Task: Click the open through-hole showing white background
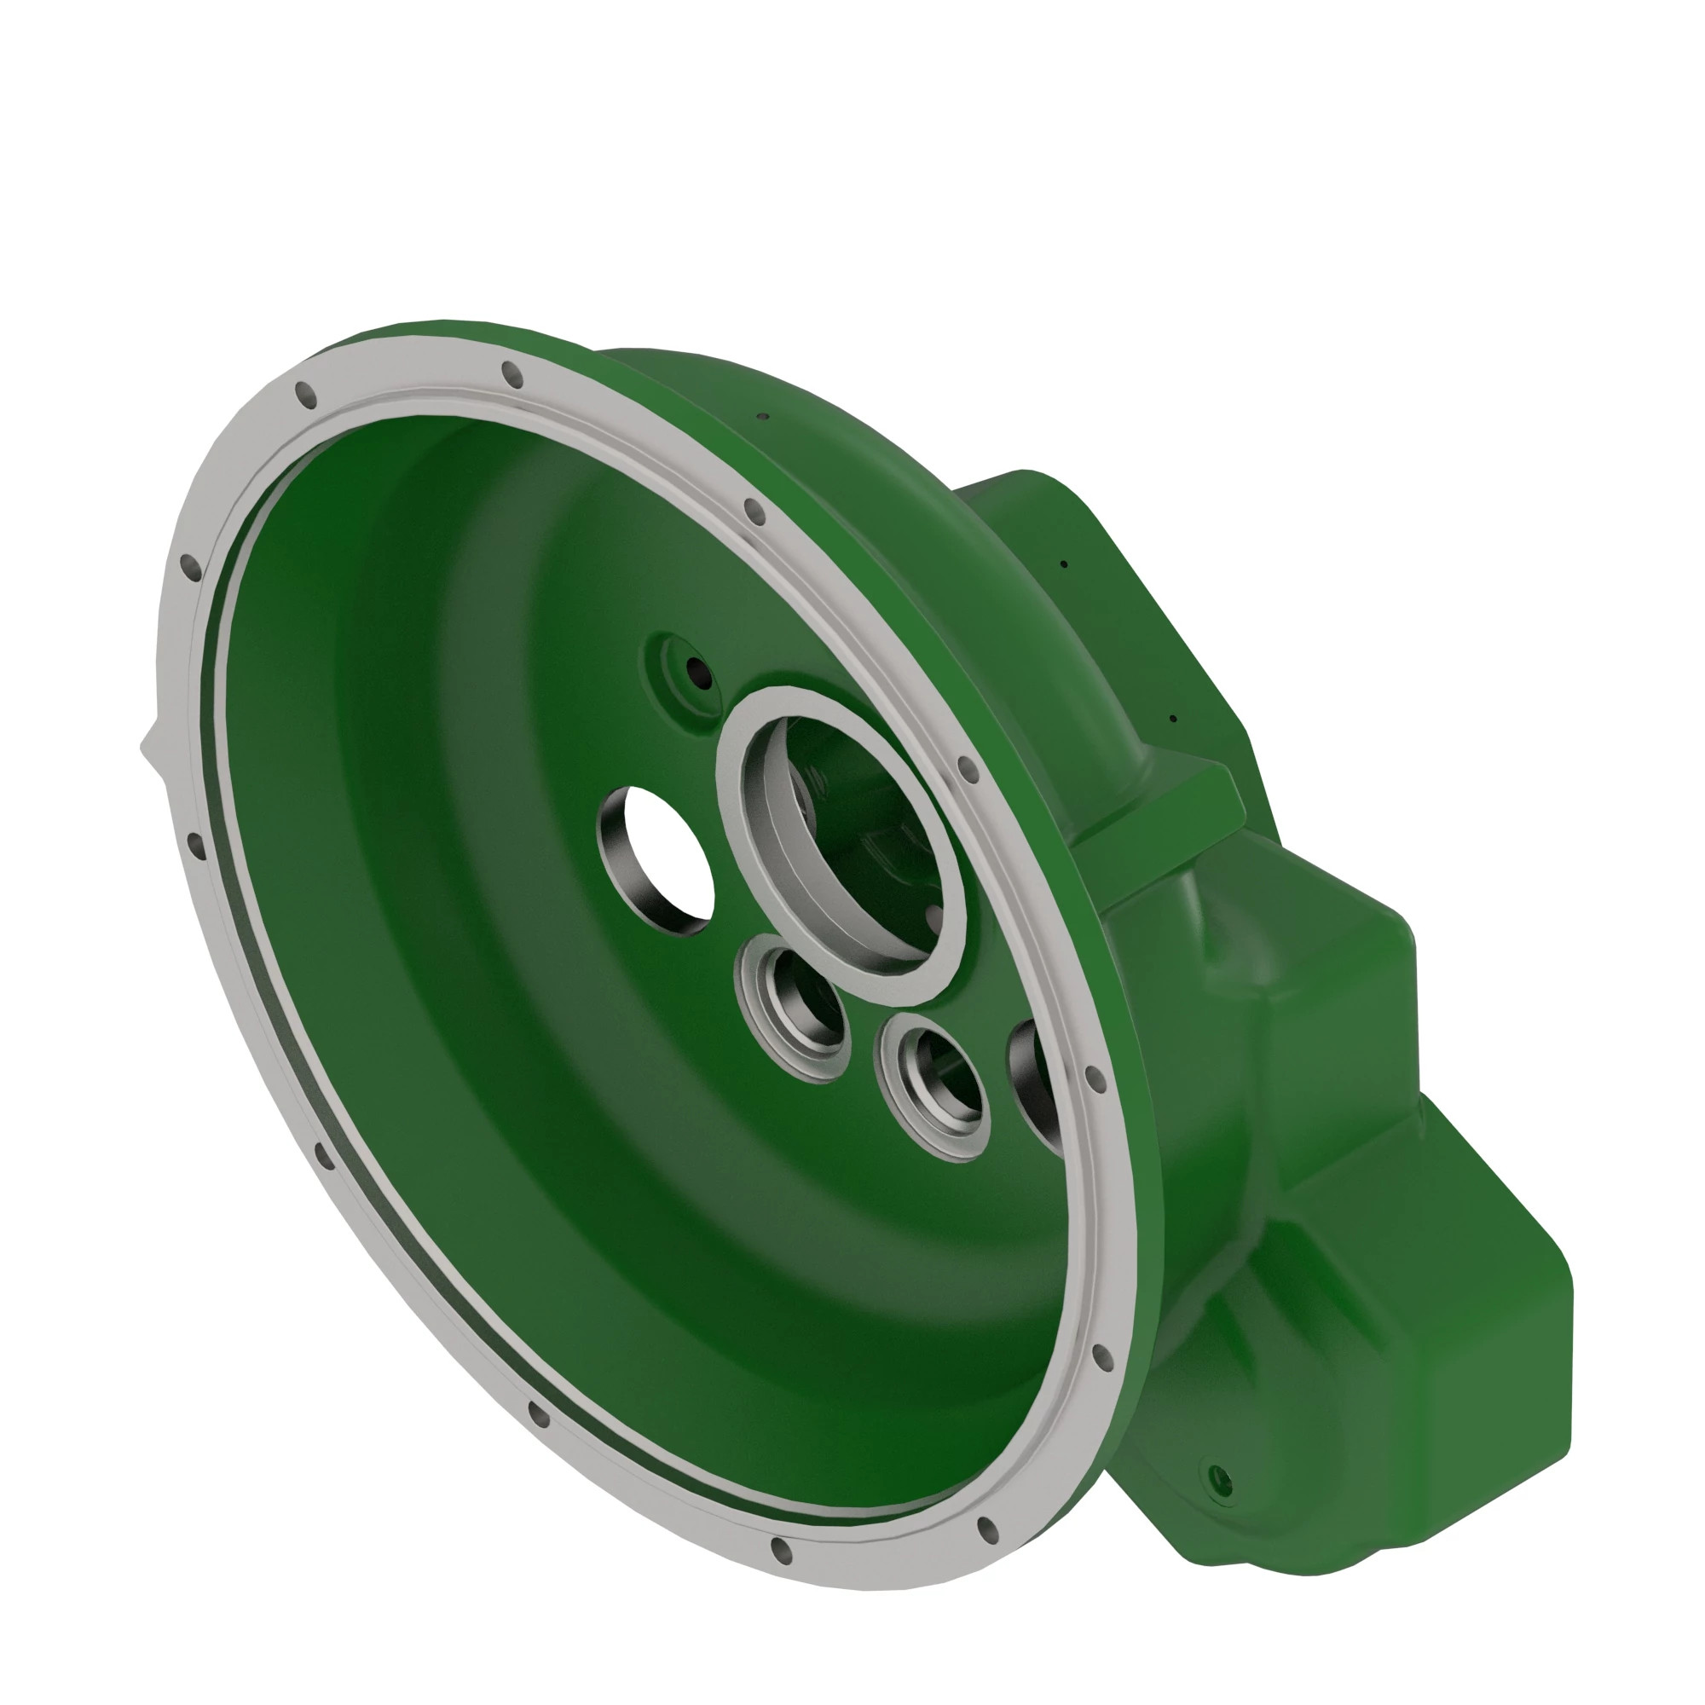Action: pos(671,856)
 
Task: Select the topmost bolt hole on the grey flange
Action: pos(511,374)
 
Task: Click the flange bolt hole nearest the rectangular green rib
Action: pos(968,770)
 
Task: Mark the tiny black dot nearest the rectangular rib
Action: pos(1173,719)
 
